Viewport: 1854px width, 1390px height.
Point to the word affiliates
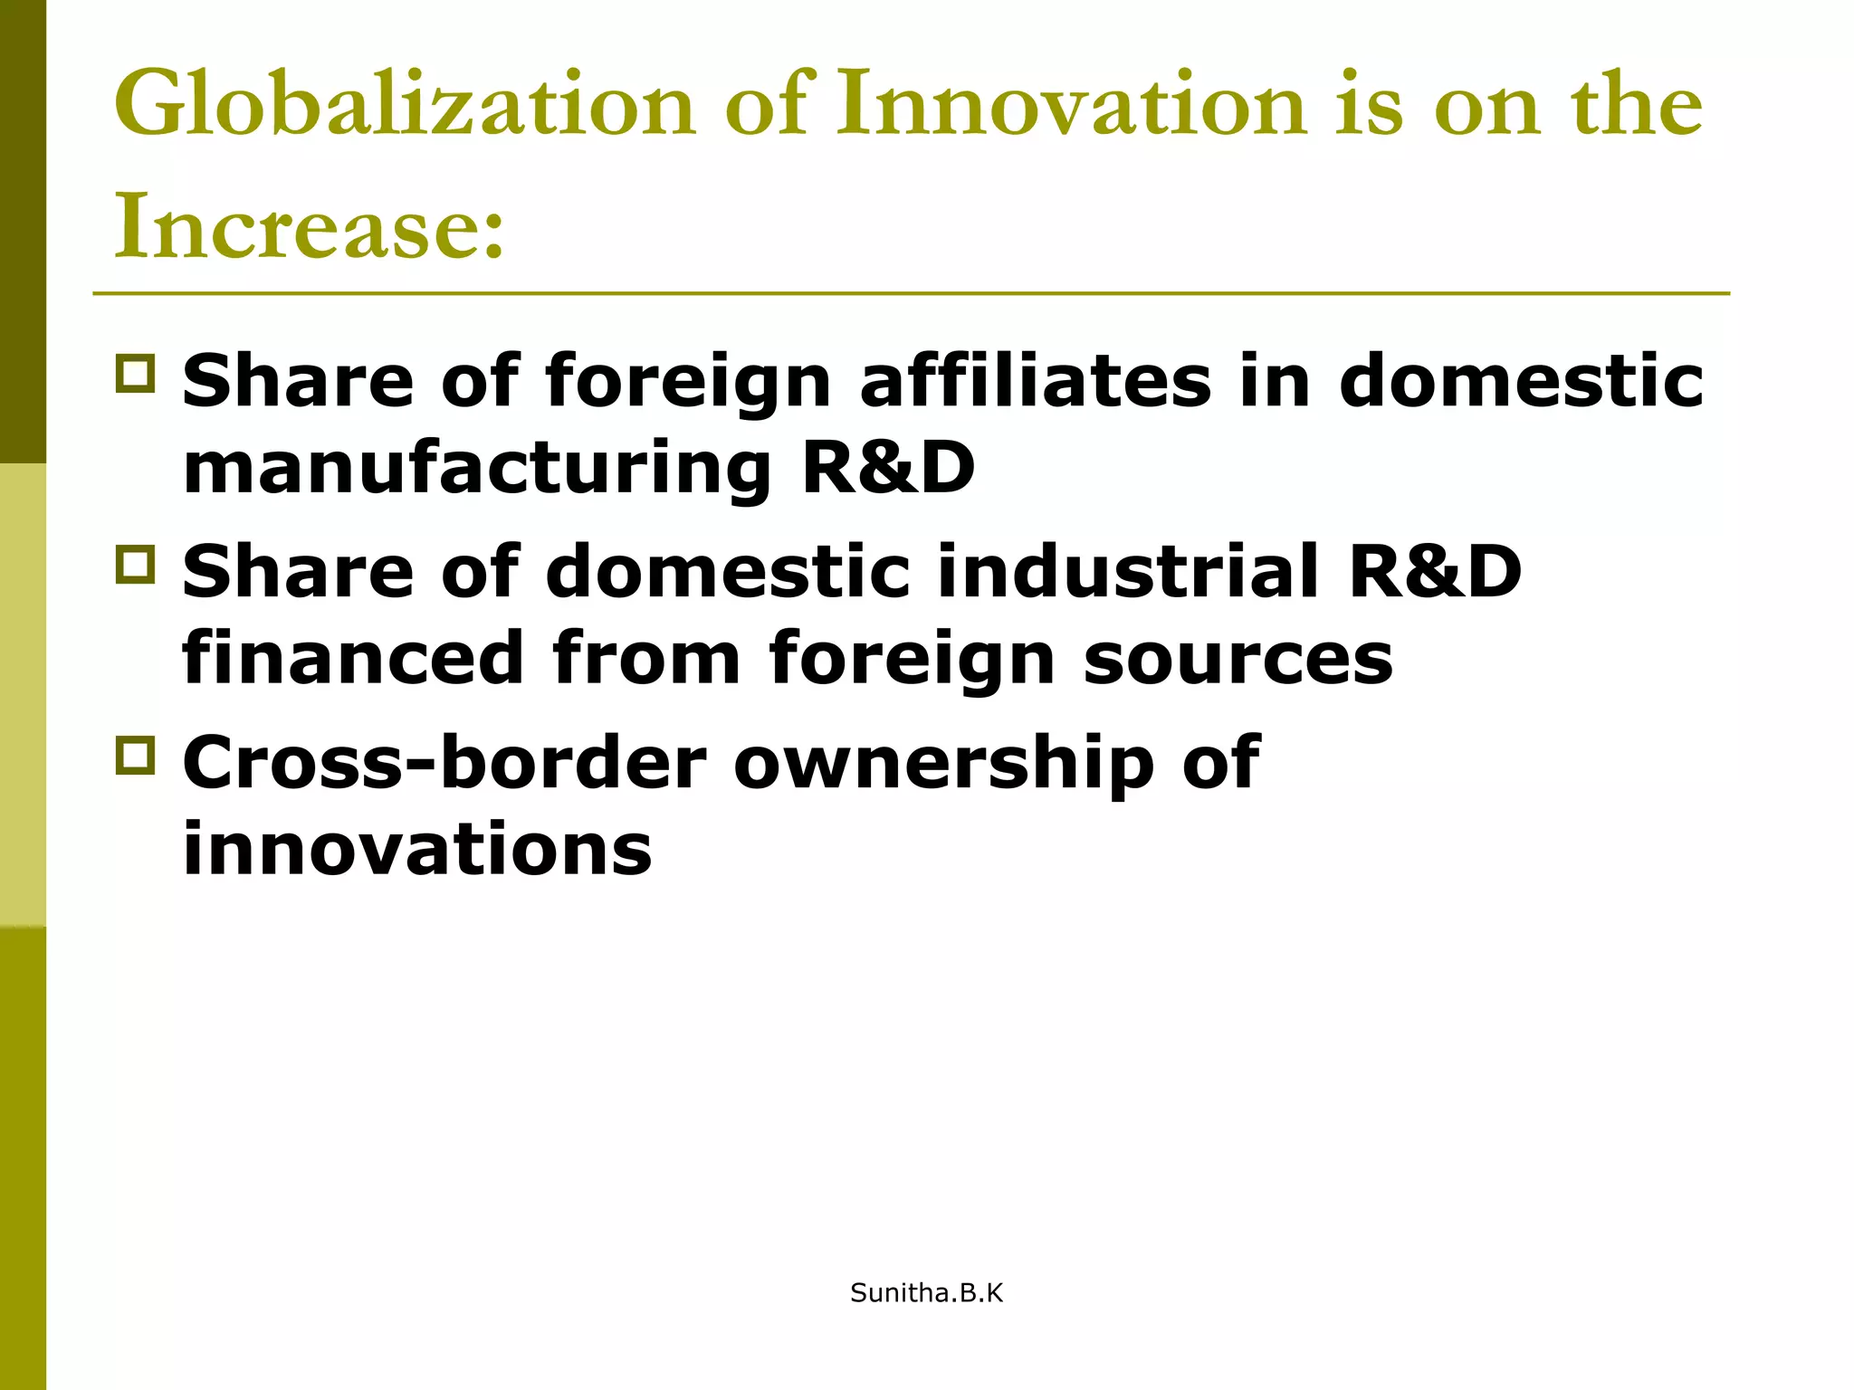point(1035,381)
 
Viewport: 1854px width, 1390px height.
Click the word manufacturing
point(477,470)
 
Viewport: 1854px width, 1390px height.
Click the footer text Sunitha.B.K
point(927,1294)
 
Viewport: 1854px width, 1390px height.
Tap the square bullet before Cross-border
point(136,755)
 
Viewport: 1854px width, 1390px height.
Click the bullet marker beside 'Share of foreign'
point(136,373)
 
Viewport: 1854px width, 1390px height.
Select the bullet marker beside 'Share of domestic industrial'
point(136,564)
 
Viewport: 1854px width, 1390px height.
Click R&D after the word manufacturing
point(889,468)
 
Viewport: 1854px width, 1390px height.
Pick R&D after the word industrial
point(1436,572)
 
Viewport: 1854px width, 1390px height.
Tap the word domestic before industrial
point(728,572)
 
